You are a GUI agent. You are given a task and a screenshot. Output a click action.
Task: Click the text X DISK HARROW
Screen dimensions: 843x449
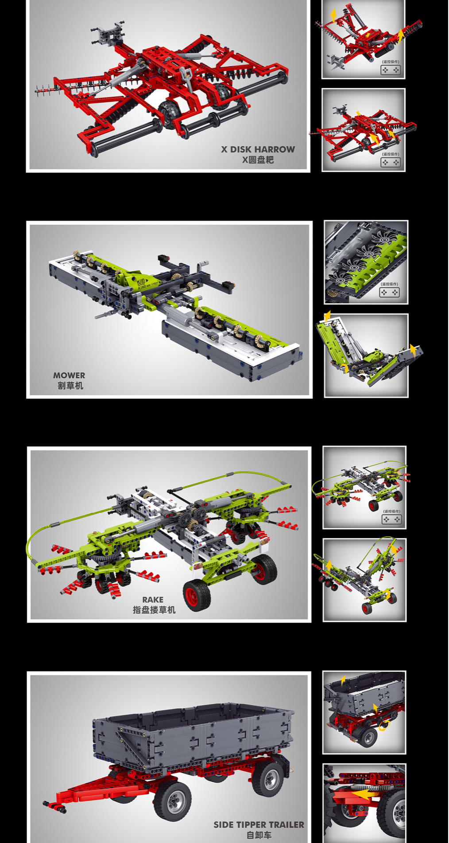[x=258, y=149]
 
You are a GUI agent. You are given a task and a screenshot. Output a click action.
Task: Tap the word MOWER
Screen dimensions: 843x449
[x=69, y=375]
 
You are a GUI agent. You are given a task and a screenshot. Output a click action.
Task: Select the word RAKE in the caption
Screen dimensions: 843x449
[x=153, y=600]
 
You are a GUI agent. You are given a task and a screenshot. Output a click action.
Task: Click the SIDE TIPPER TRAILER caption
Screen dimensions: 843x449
[x=259, y=825]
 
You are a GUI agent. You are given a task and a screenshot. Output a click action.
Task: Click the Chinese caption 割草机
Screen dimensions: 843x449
[x=70, y=386]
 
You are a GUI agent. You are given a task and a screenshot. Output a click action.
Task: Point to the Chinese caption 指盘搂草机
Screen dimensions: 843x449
[x=154, y=610]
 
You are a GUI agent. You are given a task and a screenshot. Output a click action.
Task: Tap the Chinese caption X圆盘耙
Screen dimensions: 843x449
[x=258, y=160]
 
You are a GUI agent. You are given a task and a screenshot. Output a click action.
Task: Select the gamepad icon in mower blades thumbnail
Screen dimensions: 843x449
[x=390, y=293]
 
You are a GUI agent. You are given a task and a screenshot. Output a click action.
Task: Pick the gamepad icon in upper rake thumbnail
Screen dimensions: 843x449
[x=391, y=519]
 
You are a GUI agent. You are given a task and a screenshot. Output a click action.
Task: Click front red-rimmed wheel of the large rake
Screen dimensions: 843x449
[x=197, y=595]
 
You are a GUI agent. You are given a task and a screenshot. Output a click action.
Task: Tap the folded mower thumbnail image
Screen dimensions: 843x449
[x=366, y=355]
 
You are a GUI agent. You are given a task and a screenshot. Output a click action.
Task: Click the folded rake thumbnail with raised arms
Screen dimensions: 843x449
[x=364, y=580]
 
